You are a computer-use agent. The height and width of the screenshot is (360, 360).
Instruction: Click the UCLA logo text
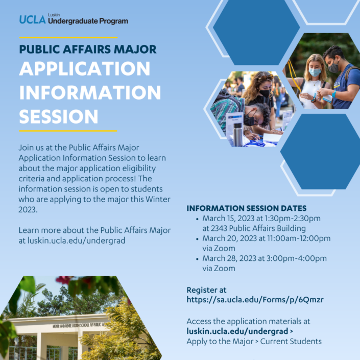[32, 19]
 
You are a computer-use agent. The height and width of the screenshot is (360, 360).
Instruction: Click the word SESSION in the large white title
[59, 116]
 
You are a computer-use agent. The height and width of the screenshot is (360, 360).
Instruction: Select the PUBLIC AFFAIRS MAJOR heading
[88, 50]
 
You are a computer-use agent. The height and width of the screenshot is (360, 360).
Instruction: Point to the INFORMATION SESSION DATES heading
[246, 208]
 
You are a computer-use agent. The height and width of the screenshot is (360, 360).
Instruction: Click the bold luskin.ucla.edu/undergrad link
[237, 331]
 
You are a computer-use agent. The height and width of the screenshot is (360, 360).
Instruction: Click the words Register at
[207, 290]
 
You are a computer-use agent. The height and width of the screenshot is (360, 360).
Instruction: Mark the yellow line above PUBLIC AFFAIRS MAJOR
[68, 37]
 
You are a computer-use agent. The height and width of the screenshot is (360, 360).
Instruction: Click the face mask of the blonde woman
[315, 73]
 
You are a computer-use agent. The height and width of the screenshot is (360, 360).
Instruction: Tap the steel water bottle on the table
[238, 134]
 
